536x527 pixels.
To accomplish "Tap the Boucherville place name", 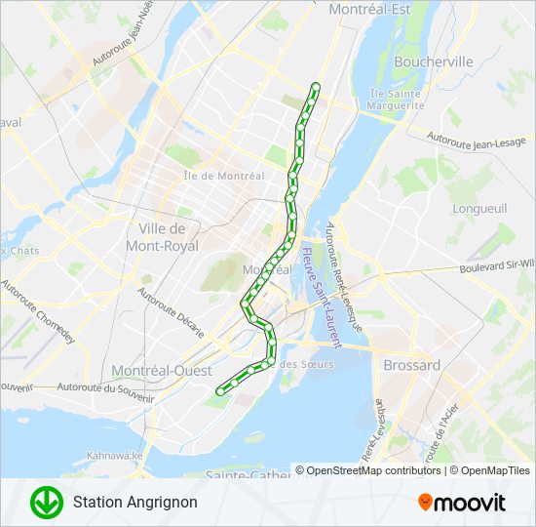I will pos(433,61).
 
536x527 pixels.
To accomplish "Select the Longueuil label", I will pos(479,208).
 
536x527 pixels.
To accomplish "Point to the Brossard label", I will pos(411,365).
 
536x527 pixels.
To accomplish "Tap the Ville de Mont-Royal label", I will pos(156,236).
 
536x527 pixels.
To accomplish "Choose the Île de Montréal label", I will pos(223,176).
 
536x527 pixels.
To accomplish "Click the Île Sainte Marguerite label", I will pos(396,100).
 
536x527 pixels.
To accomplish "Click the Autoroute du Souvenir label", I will pos(106,392).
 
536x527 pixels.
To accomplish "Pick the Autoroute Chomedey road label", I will pos(38,314).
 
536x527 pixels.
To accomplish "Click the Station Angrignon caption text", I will pos(134,503).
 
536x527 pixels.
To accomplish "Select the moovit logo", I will pos(462,503).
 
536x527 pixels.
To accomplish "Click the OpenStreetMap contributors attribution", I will pos(368,470).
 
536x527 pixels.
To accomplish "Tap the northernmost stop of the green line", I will pos(315,87).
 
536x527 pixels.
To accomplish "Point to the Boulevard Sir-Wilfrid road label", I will pos(497,264).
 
